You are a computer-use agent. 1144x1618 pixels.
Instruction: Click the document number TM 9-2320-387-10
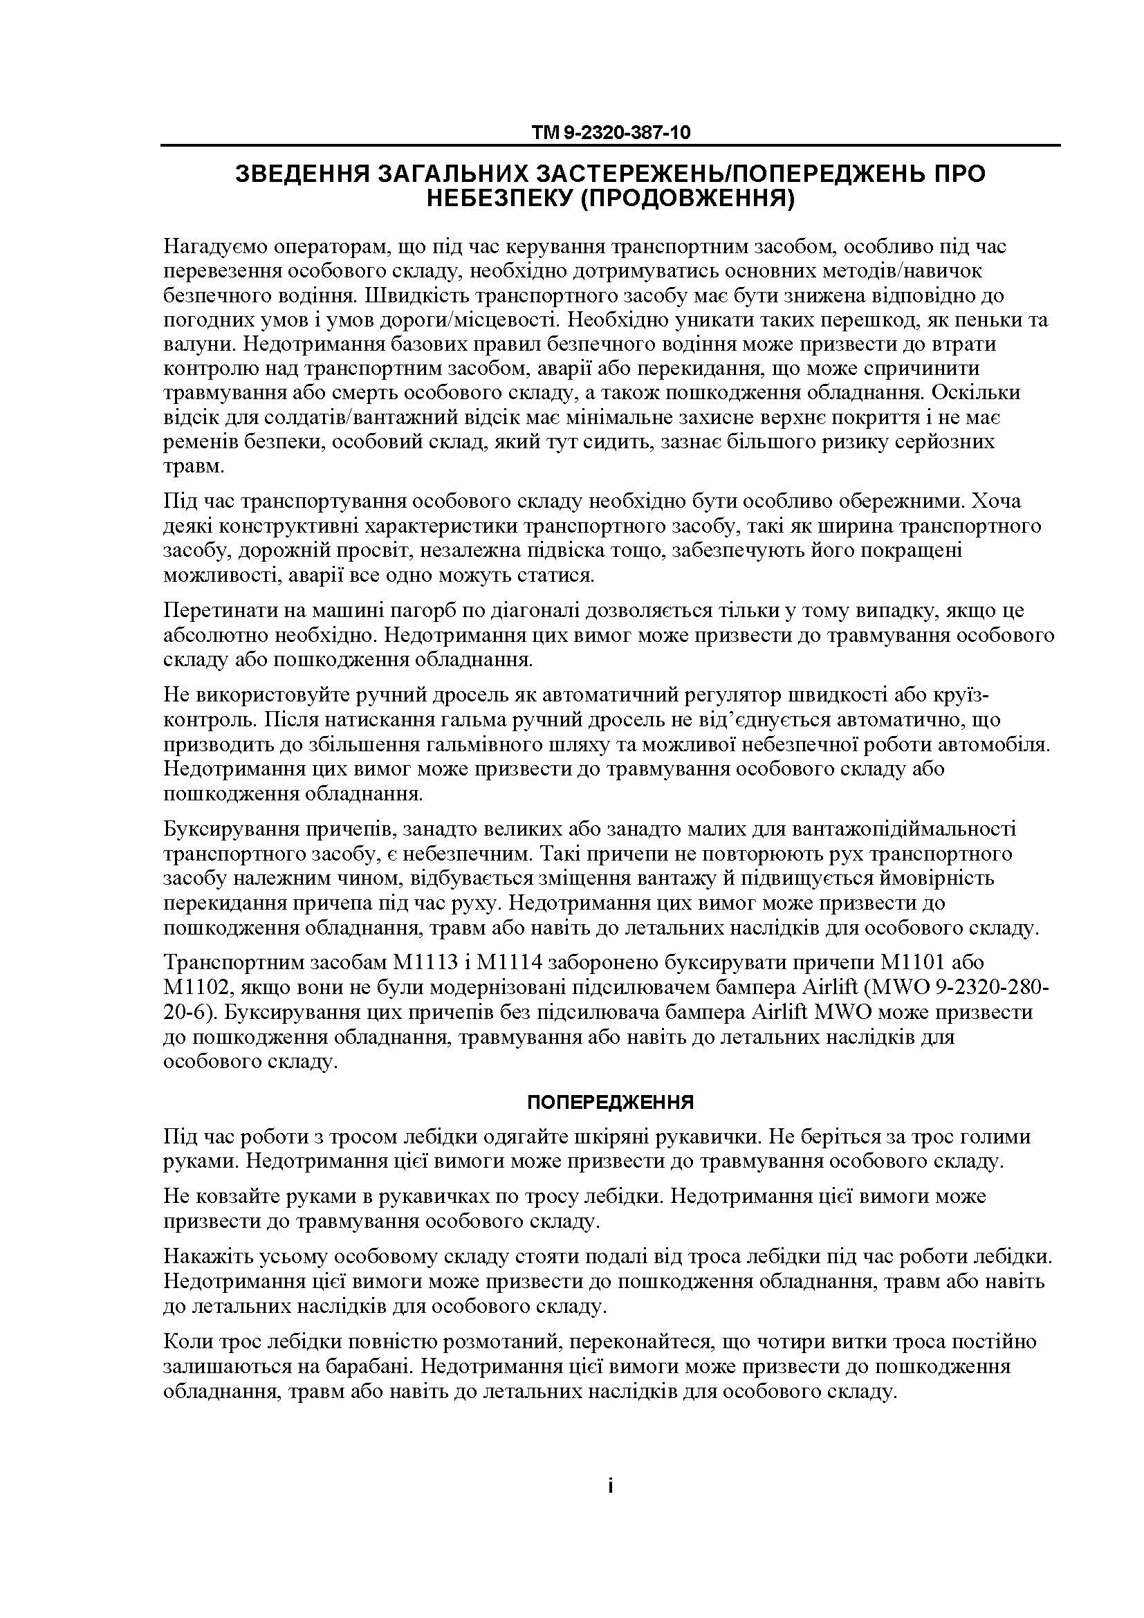[611, 133]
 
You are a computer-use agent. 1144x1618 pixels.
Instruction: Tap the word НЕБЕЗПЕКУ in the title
[499, 199]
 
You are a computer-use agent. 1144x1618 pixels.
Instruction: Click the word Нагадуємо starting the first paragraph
[219, 247]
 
